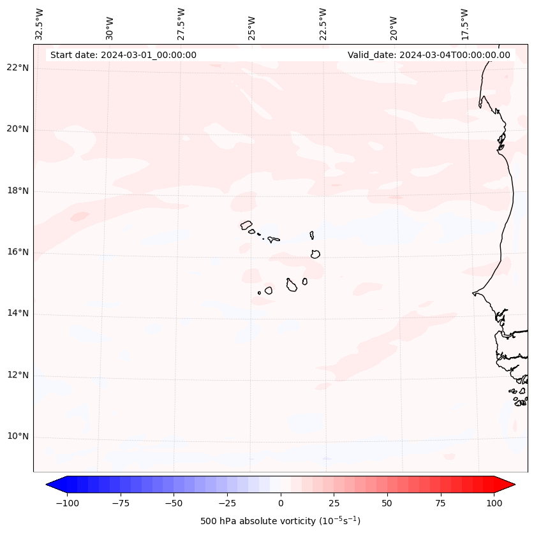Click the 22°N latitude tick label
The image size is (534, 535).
[18, 68]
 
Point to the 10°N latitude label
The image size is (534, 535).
[18, 437]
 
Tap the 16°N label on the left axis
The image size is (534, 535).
[18, 253]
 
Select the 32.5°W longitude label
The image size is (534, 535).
[40, 24]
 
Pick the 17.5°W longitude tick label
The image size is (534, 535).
[464, 24]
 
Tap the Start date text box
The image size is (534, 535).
[123, 55]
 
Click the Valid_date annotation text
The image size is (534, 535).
[429, 55]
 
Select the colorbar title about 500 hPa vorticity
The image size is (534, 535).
[280, 522]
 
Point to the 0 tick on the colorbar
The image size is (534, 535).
[281, 503]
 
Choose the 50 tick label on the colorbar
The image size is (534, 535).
[387, 503]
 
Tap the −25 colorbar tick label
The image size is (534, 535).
[227, 503]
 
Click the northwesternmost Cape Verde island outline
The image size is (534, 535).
[246, 225]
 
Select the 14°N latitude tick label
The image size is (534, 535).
[18, 314]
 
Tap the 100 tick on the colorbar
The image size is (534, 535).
[494, 503]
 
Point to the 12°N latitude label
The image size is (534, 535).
[18, 375]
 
